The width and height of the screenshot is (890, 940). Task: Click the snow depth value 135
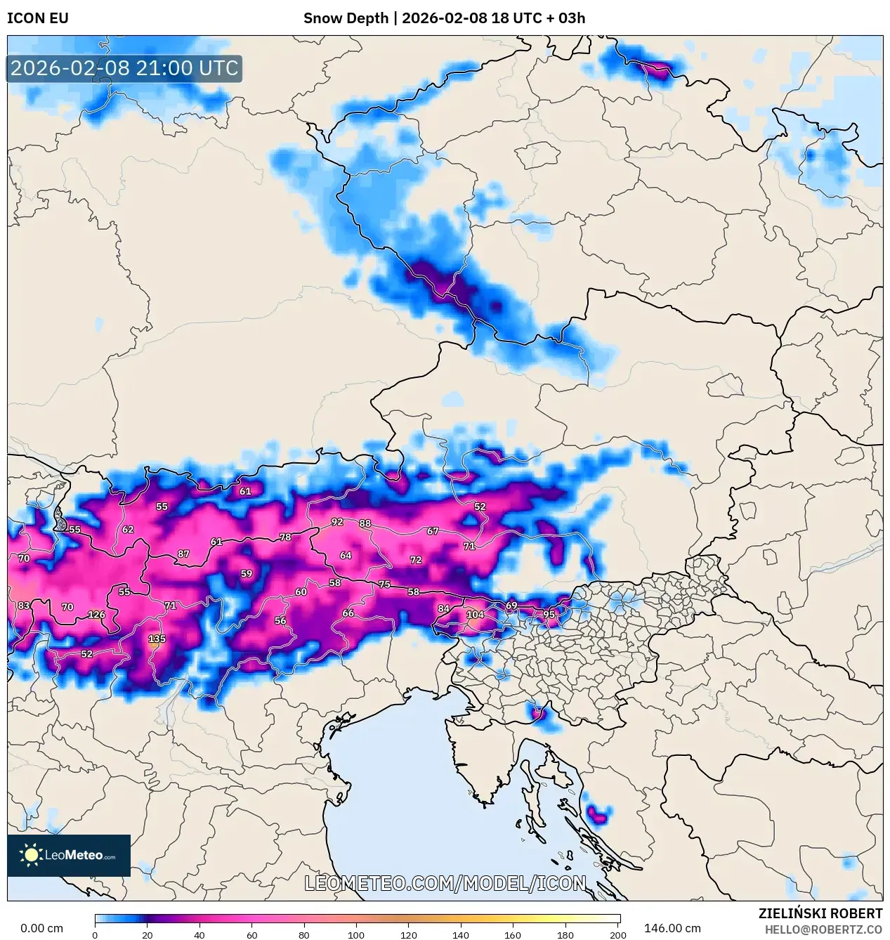coord(157,639)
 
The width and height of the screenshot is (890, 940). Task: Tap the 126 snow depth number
coord(96,615)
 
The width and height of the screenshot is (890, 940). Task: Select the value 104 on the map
coord(475,614)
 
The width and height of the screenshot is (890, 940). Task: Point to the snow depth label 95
coord(549,614)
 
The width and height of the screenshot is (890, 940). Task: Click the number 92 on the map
coord(337,522)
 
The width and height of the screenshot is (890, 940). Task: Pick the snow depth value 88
coord(365,523)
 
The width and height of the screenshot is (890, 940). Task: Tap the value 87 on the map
coord(183,554)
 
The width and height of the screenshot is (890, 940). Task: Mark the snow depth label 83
coord(24,606)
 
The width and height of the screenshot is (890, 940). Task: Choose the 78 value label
coord(285,537)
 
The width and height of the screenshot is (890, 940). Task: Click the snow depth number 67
coord(433,531)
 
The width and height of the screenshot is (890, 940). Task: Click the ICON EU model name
coord(38,18)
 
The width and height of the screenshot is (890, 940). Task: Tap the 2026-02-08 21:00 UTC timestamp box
coord(124,68)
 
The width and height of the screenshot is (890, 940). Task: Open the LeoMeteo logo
coord(69,855)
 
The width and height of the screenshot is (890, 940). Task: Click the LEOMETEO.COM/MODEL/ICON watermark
coord(445,883)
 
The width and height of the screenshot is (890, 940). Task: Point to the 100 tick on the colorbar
coord(356,935)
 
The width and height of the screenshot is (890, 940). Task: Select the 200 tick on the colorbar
coord(617,935)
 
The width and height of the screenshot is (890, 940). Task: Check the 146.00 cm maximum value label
coord(672,928)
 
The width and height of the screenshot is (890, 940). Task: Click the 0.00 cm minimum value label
coord(41,928)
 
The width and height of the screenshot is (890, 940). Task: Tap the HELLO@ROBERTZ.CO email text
coord(823,929)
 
